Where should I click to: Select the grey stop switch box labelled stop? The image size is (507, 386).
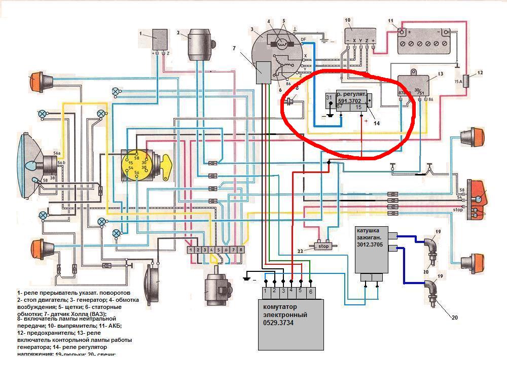coord(323,247)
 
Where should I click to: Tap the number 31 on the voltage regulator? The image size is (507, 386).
coord(329,97)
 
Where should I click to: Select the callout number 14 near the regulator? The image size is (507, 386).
coord(376,122)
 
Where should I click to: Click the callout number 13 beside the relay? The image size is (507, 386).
coord(440,74)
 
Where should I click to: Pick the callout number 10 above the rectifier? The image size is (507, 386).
coord(348,20)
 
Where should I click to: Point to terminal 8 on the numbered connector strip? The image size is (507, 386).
coord(241,250)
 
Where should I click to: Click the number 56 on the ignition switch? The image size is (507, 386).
coord(136,173)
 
